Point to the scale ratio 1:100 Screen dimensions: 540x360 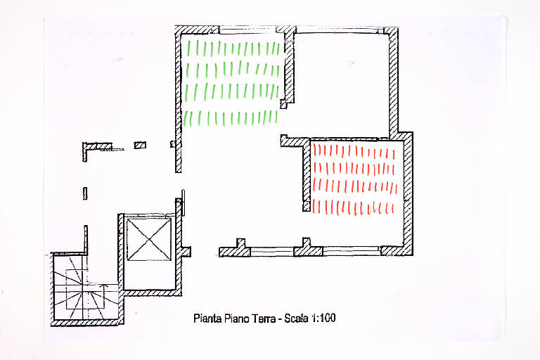[x=323, y=318]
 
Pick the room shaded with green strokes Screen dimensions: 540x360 [x=231, y=83]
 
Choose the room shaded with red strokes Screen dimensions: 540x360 [x=354, y=179]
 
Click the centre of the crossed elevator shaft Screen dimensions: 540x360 [x=149, y=240]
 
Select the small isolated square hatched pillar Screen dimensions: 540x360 [x=140, y=145]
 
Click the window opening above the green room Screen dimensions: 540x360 [x=247, y=30]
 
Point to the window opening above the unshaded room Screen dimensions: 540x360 [x=339, y=30]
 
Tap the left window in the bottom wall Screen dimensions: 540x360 [x=271, y=252]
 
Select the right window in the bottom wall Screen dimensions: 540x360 [x=352, y=251]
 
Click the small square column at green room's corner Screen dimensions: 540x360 [x=283, y=104]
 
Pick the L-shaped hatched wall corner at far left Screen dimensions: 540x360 [x=92, y=149]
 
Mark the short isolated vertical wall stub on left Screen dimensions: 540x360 [x=85, y=193]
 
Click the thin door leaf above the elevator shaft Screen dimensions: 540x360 [x=184, y=202]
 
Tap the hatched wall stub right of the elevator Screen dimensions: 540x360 [x=186, y=252]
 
